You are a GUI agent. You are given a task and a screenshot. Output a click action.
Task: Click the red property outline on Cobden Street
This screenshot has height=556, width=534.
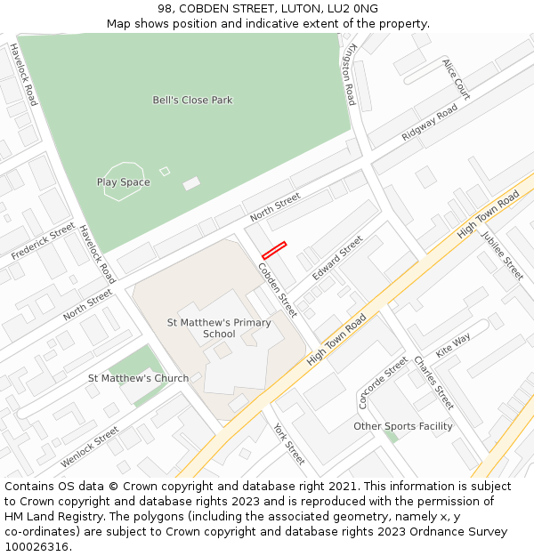click(274, 250)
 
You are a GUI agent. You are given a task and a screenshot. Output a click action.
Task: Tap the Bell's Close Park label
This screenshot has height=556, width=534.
click(192, 101)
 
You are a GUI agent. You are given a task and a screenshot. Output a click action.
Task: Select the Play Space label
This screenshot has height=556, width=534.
click(123, 182)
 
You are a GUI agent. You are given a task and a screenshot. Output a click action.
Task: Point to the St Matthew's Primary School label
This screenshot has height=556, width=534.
click(219, 328)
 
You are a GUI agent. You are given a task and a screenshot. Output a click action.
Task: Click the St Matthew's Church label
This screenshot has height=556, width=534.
click(138, 378)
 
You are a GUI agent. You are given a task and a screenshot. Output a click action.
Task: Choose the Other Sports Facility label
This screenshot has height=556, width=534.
click(402, 426)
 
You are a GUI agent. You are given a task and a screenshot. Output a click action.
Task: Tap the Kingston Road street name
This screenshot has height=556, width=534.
click(350, 75)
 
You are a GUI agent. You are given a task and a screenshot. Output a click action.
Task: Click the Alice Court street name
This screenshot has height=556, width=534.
click(456, 79)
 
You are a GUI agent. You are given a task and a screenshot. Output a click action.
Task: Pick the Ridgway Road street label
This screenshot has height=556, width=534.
click(429, 122)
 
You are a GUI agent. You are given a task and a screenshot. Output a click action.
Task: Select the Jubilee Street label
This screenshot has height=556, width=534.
click(502, 255)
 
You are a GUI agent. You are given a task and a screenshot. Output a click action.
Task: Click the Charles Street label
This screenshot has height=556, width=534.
click(433, 383)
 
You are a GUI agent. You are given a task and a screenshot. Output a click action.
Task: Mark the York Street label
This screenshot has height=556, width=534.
click(289, 443)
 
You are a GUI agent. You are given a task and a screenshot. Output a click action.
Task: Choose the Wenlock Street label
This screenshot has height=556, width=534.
click(90, 447)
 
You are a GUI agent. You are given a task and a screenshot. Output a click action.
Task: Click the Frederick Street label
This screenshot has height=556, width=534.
click(43, 242)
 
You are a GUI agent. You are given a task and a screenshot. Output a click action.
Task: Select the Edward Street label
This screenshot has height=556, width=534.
click(337, 258)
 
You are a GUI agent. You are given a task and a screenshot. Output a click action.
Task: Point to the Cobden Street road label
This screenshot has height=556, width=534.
click(277, 290)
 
